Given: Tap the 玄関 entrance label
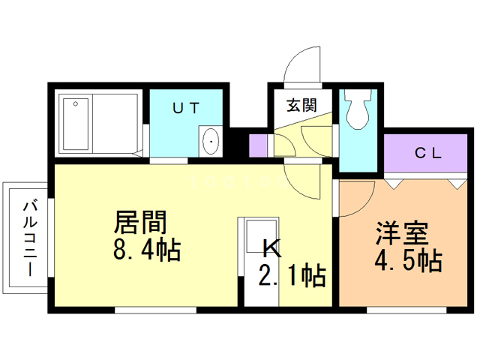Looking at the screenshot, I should tap(298, 106).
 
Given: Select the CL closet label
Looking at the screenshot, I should tap(428, 154).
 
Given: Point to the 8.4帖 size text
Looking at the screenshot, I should tap(146, 250).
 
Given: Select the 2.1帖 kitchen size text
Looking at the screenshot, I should tap(292, 276).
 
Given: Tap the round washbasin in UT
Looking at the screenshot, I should tap(211, 141).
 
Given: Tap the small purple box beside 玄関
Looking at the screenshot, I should tap(258, 144).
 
